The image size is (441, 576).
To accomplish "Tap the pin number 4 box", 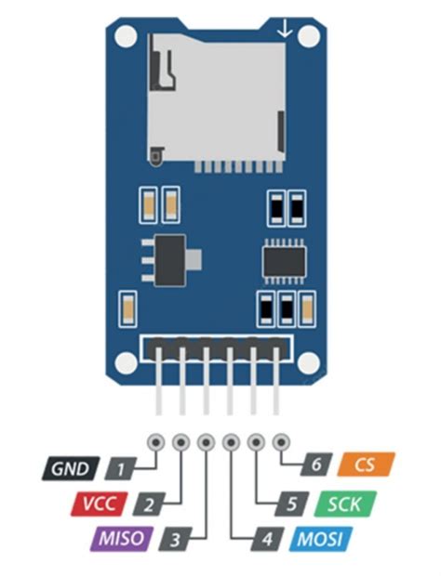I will [x=267, y=538].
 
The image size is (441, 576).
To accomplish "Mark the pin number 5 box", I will [x=292, y=504].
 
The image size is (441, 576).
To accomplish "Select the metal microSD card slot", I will [x=216, y=98].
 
